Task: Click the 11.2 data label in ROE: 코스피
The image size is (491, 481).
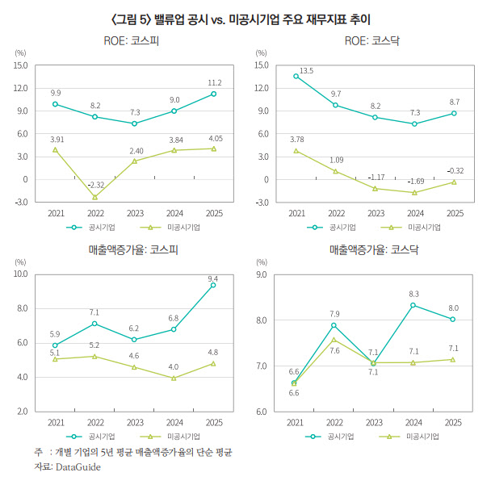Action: (215, 83)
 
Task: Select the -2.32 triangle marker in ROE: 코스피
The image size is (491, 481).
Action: (94, 197)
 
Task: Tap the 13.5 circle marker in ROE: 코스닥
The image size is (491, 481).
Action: (296, 76)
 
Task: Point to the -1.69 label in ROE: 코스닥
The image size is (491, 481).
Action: (416, 182)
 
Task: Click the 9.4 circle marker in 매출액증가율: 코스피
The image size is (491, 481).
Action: (213, 285)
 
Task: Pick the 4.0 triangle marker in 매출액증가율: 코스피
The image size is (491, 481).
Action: (174, 378)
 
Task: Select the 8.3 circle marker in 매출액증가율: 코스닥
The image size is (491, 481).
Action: (413, 305)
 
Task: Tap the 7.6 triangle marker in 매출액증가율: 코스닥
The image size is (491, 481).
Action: (334, 340)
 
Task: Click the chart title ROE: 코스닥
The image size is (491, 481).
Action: (372, 41)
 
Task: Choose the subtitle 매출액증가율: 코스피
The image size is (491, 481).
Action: (133, 249)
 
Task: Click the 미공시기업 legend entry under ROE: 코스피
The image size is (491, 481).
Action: (170, 228)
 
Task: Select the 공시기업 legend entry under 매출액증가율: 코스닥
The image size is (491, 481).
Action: (329, 437)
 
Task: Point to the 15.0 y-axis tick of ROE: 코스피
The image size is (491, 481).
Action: (20, 65)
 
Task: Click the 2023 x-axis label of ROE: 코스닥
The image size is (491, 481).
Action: (376, 213)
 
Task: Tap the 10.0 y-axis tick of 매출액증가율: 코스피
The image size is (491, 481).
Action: (20, 274)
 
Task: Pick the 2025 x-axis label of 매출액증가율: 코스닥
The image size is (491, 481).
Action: (453, 423)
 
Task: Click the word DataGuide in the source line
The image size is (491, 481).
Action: (78, 467)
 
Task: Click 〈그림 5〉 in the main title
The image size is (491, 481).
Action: (132, 19)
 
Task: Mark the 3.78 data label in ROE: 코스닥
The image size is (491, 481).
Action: (297, 140)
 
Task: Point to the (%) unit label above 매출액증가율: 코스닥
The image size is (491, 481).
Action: (262, 262)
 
